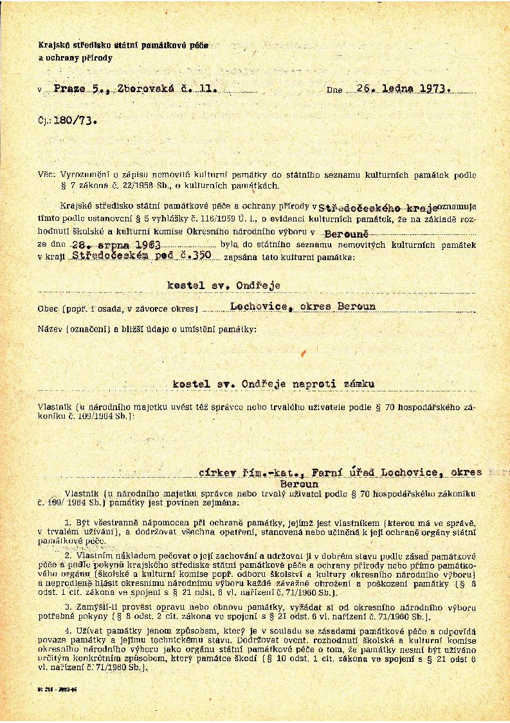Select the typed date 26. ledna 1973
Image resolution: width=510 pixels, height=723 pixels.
[x=403, y=89]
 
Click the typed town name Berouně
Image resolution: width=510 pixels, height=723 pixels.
[x=346, y=235]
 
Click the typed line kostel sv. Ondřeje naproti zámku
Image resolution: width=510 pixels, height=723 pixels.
[x=274, y=384]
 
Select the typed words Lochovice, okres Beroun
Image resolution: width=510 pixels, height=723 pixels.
[x=303, y=306]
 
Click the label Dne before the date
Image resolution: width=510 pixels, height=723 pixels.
[x=334, y=91]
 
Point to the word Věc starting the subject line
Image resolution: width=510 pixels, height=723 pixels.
[x=46, y=174]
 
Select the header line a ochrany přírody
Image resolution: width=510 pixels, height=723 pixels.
[x=75, y=58]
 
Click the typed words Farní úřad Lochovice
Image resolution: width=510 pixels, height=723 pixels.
[x=369, y=473]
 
